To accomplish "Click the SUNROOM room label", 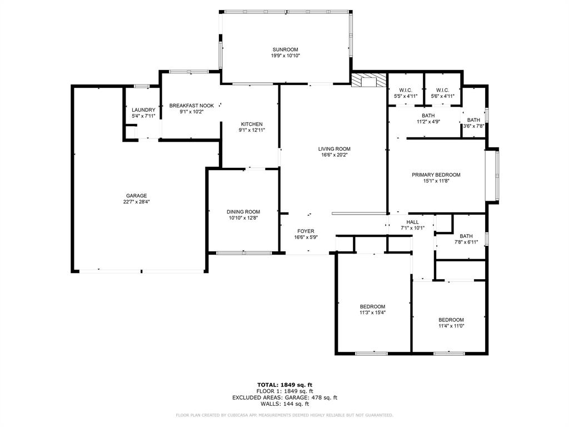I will pos(286,49).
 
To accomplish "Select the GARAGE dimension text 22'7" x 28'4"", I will pos(136,202).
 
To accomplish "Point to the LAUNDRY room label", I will pos(143,110).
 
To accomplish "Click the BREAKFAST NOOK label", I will pos(192,105).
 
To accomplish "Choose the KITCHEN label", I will pos(251,124).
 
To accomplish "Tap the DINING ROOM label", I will pos(243,212).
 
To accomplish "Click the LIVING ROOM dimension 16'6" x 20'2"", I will pos(334,155).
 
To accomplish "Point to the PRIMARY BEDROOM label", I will pos(436,175).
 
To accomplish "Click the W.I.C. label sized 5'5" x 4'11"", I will pos(405,90).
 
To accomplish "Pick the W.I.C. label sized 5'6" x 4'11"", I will pos(442,90).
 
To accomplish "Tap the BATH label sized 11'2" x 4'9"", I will pos(428,115).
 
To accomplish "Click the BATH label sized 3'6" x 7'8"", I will pos(473,120).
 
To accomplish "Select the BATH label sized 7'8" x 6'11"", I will pos(466,236).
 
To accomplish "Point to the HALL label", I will pos(412,221).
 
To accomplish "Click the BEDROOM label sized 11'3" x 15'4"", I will pos(372,306).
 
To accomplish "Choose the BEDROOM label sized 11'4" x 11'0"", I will pos(451,319).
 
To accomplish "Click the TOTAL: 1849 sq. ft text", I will pos(284,385).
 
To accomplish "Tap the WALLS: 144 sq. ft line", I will pos(284,404).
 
